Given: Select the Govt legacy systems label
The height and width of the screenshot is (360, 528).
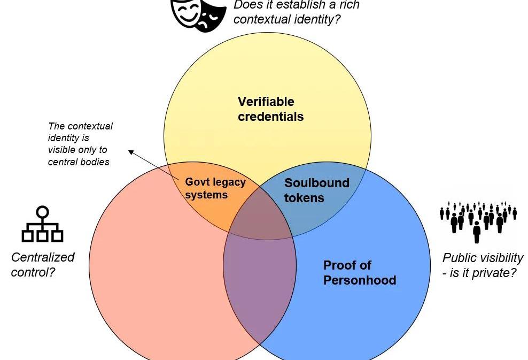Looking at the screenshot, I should (x=215, y=188).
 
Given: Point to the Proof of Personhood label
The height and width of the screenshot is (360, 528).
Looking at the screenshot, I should (x=359, y=273).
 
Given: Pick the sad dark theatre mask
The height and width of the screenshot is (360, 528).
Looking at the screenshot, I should (x=208, y=16).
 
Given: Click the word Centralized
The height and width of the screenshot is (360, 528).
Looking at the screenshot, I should (x=43, y=257).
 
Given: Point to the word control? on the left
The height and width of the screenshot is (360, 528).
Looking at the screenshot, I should (x=33, y=272).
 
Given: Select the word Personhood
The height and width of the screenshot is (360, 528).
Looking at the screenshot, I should (x=359, y=280).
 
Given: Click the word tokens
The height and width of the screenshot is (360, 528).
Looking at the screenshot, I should (x=304, y=198).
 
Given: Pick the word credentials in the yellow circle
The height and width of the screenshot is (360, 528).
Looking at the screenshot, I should (x=270, y=117).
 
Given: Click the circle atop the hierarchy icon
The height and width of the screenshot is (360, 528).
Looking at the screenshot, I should (x=42, y=211).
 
